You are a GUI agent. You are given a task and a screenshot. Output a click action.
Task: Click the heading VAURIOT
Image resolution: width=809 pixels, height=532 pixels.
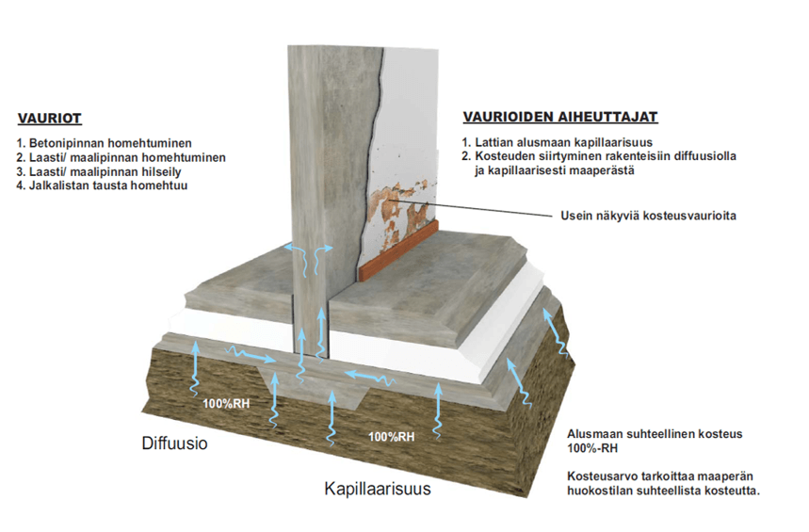(x=50, y=120)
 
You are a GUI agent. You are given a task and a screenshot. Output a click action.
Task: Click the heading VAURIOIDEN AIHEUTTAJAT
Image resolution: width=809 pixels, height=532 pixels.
(x=559, y=118)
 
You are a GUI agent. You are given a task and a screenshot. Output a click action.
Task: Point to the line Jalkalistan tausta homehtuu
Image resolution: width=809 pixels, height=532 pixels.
(x=103, y=185)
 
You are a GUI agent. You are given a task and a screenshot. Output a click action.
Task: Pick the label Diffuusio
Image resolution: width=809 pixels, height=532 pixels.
(x=176, y=443)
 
